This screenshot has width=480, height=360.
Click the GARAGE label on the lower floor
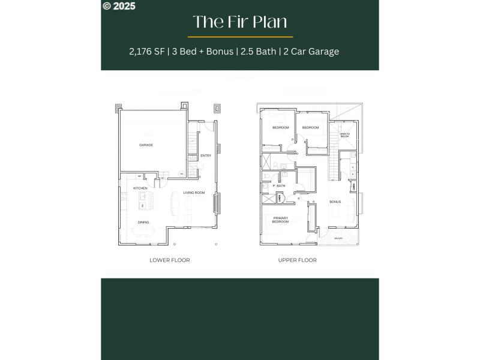[x=146, y=145]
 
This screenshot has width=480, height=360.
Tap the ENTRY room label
[x=206, y=156]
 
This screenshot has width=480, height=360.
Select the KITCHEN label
[x=140, y=188]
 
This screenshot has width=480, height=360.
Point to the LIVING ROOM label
[x=194, y=193]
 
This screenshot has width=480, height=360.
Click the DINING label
[x=143, y=223]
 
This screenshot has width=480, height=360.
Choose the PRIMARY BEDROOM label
[x=281, y=220]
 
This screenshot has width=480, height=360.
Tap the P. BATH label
[x=279, y=186]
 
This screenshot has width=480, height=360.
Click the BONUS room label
[x=335, y=202]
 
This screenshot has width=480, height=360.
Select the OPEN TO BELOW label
[x=344, y=136]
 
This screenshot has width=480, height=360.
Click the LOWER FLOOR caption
[x=170, y=260]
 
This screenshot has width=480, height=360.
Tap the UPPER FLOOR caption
[x=298, y=260]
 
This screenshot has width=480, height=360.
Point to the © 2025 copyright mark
[x=119, y=6]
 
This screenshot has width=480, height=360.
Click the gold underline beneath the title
[x=240, y=37]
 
